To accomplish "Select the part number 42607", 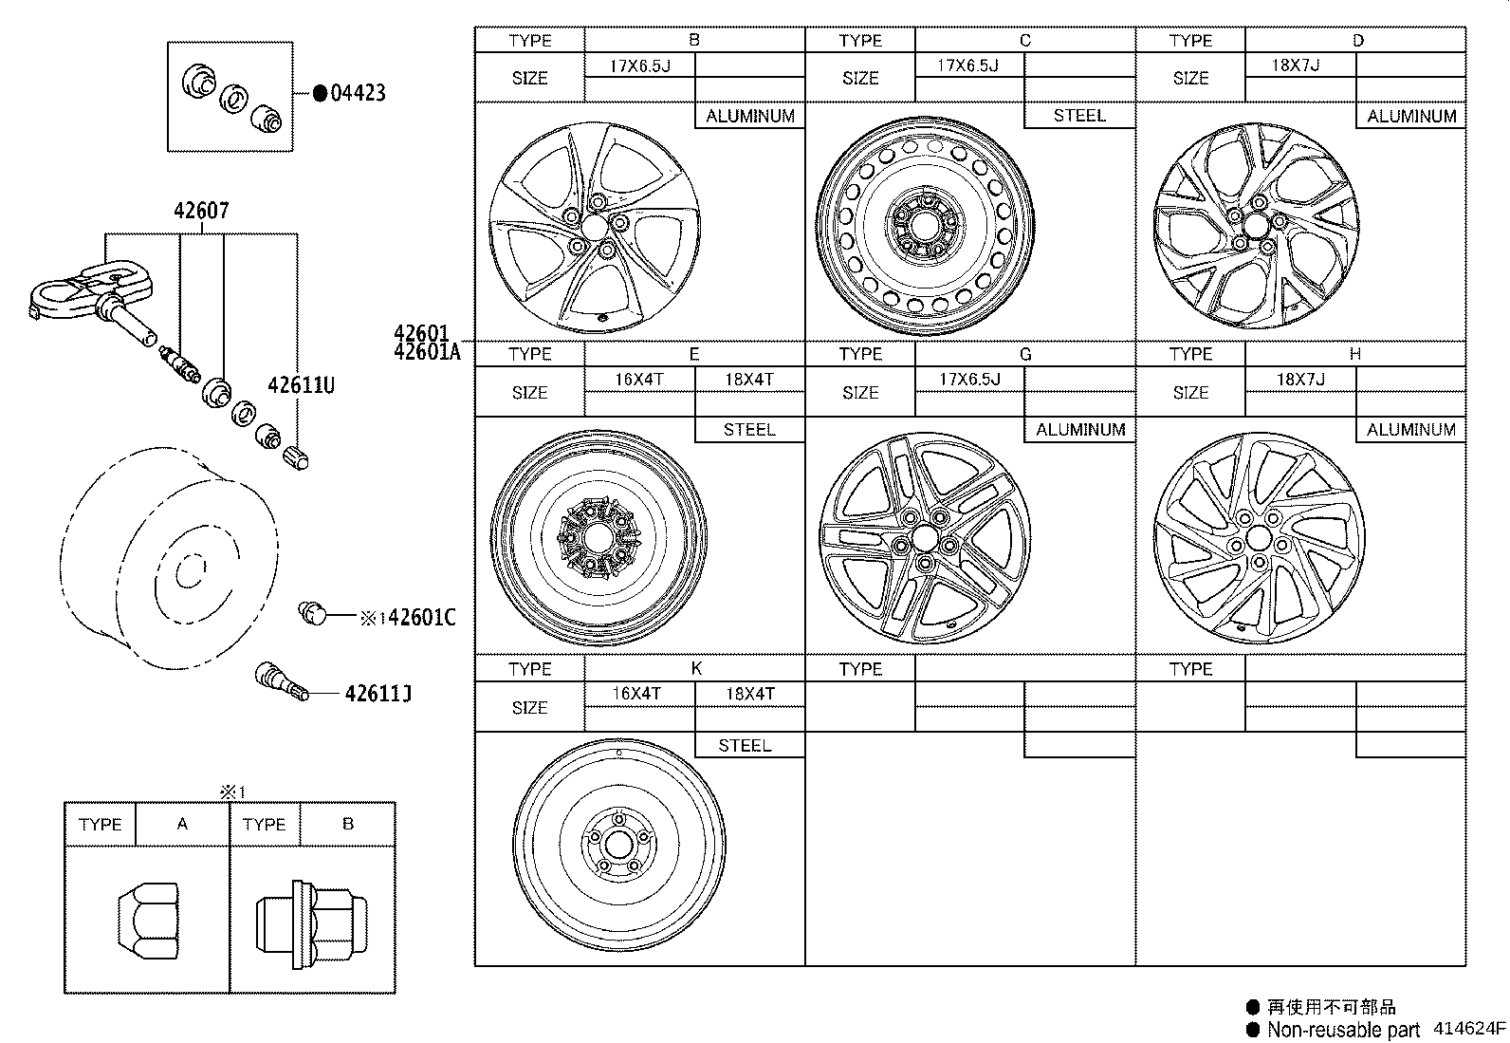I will (x=201, y=211).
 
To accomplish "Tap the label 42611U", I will (x=301, y=385).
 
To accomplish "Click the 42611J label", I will (x=377, y=694).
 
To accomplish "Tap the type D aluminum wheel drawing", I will (x=1257, y=225).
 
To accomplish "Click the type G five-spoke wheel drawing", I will (x=924, y=539).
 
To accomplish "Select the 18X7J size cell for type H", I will (x=1299, y=380).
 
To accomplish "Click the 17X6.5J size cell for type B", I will (x=639, y=65).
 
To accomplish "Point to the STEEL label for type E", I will (x=749, y=430).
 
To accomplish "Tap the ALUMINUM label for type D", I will (x=1410, y=116).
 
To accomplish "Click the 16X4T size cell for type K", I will (x=637, y=694).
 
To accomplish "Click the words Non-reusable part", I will (x=1343, y=1030).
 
